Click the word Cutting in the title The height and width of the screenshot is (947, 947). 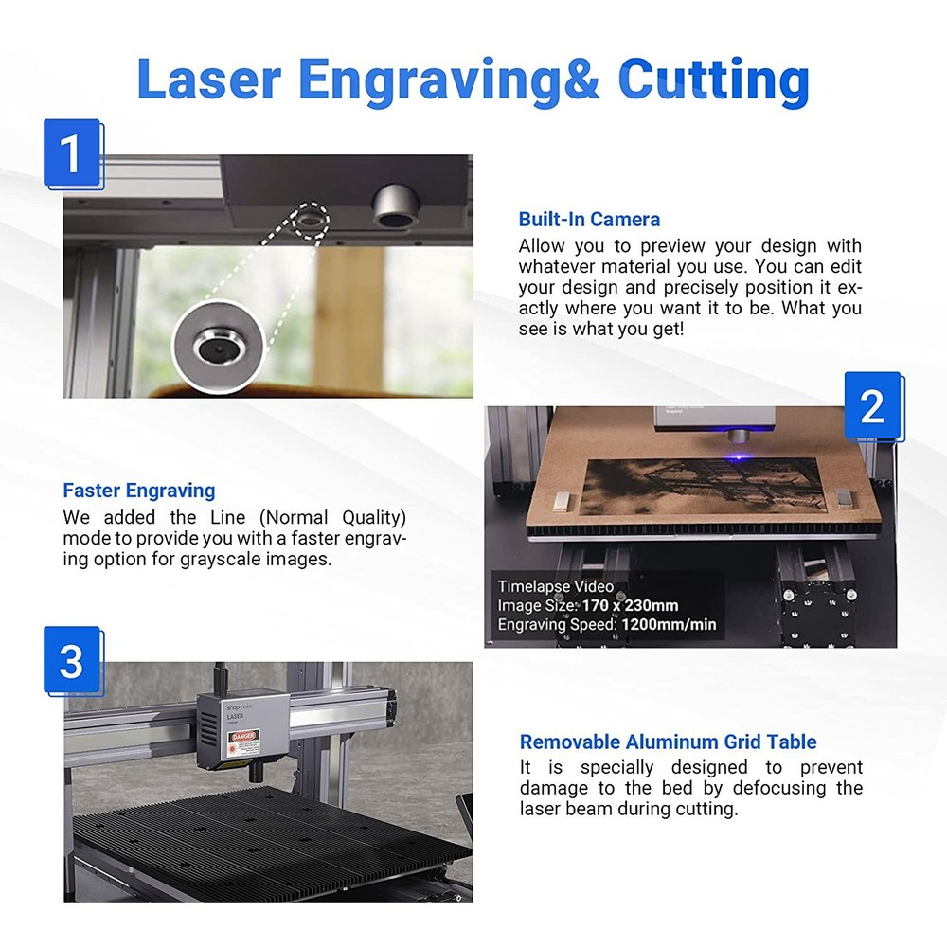click(x=713, y=80)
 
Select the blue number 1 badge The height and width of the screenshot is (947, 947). click(x=71, y=152)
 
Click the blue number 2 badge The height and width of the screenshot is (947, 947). click(x=871, y=405)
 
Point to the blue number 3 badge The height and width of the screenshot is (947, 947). click(x=71, y=661)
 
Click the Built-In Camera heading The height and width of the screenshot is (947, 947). click(x=589, y=220)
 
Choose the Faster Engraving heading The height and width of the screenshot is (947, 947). click(x=139, y=491)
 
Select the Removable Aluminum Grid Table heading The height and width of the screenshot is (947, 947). click(x=668, y=742)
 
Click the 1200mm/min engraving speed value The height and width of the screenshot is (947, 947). click(x=669, y=624)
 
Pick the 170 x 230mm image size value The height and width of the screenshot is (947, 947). click(x=625, y=605)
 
